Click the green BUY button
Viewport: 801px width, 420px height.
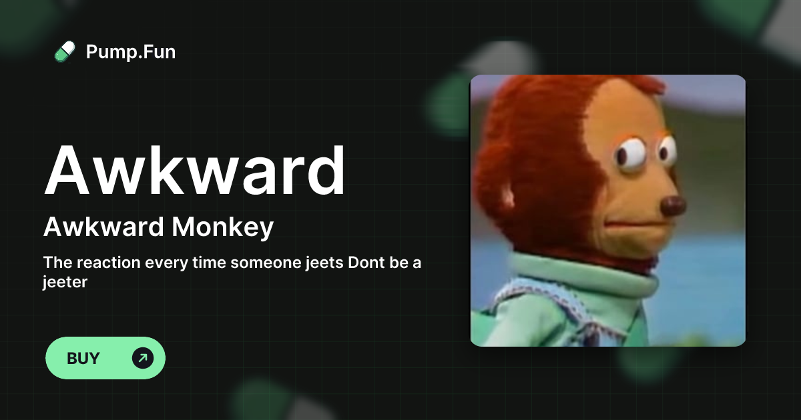point(105,358)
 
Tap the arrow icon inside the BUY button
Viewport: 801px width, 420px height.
point(142,358)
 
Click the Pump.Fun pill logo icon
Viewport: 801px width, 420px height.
point(65,51)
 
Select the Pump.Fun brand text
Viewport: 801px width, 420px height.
point(131,51)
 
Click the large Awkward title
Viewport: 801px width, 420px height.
point(195,170)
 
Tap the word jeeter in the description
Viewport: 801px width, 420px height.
point(65,282)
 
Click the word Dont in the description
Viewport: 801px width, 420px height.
point(365,263)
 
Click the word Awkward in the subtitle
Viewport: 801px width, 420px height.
point(103,228)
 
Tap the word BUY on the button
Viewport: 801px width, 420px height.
point(83,358)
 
